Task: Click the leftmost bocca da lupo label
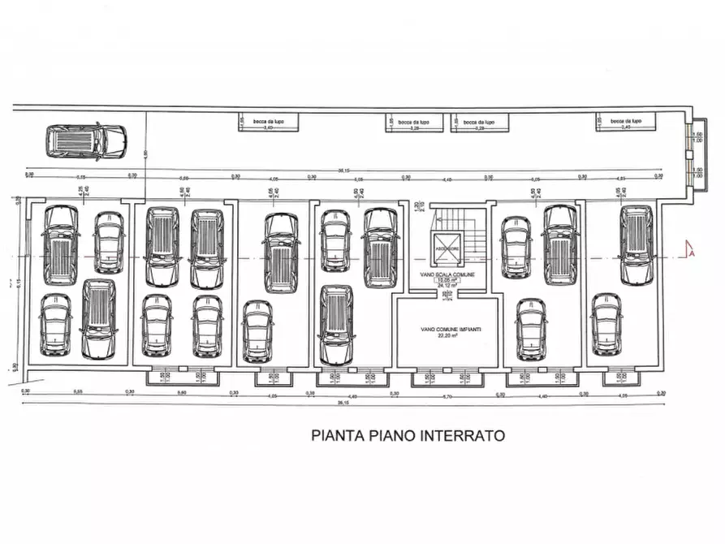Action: coord(269,121)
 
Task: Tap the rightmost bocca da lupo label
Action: coord(626,121)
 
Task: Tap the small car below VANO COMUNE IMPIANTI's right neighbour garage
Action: coord(530,329)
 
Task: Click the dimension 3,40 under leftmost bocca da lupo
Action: coord(269,128)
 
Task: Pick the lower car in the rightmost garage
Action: coord(605,324)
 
